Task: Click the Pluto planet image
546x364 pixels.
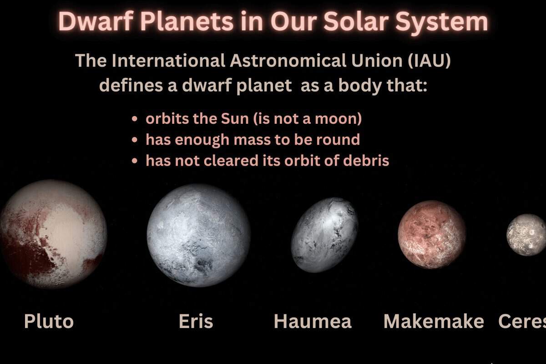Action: (x=53, y=234)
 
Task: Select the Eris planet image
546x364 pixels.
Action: (x=199, y=236)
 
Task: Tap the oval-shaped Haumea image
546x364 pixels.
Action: (x=325, y=235)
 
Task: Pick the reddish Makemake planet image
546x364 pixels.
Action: (x=432, y=234)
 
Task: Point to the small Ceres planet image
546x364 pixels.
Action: (x=526, y=235)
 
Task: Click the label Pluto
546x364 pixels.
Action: (x=49, y=321)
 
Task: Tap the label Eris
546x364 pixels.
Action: (x=196, y=321)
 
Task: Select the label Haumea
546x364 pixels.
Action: (x=313, y=321)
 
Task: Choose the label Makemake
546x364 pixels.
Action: (x=434, y=321)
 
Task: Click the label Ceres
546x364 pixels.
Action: (x=522, y=321)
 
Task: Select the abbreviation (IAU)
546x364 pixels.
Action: (x=429, y=61)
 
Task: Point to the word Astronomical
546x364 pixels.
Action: (x=288, y=60)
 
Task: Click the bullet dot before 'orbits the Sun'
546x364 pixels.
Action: (x=135, y=119)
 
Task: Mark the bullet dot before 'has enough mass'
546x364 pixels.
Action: (x=135, y=140)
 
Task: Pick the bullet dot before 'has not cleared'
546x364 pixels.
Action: (x=135, y=161)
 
